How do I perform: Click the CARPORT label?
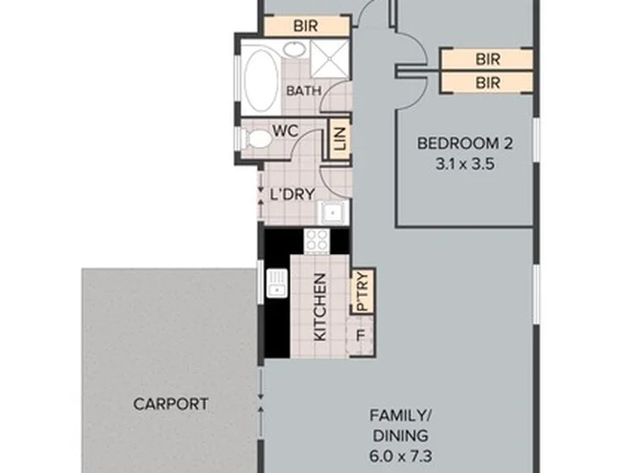click(171, 404)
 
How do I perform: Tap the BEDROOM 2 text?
click(464, 143)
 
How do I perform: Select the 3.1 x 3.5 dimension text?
click(464, 164)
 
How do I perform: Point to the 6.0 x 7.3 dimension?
click(401, 456)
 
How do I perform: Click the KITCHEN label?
click(320, 307)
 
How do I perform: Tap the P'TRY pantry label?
click(363, 292)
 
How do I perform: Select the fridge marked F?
click(361, 335)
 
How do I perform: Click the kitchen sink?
click(276, 283)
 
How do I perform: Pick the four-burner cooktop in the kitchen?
click(316, 241)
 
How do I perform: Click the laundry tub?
click(332, 212)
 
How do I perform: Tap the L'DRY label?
click(292, 194)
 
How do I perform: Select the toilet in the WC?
click(256, 138)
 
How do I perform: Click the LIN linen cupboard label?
click(340, 138)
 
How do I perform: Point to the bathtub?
click(261, 80)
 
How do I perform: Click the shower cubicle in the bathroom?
click(330, 59)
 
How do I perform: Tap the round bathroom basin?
click(295, 50)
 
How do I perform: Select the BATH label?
click(304, 90)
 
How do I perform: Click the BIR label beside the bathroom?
click(306, 26)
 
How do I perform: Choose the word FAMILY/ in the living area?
click(401, 415)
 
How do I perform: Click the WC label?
click(286, 131)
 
